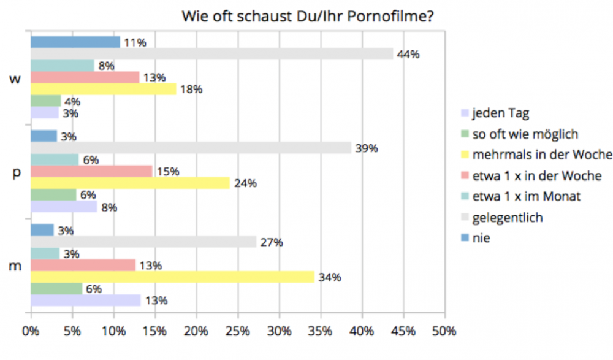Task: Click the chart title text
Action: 308,16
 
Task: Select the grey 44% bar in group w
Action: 211,54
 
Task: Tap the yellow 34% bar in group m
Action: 172,277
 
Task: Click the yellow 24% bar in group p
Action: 130,183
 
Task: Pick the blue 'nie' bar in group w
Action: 75,42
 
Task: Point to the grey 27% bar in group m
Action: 143,242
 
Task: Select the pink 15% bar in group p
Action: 91,172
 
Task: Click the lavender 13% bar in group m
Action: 85,301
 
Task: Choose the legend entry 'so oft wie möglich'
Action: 525,134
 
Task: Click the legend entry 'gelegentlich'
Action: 508,217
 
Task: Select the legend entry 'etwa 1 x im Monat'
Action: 526,196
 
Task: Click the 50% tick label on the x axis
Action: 444,332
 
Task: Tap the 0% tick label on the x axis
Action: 31,332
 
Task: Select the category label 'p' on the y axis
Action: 17,173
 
